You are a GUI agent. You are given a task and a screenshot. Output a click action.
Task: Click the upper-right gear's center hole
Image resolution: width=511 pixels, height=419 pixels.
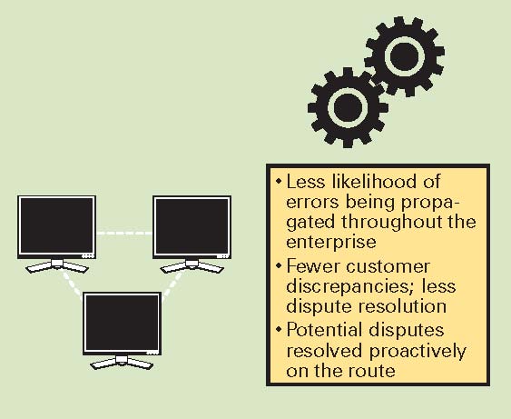[404, 56]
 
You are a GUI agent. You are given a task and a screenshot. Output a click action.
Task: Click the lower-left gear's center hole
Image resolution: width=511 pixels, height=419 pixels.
[348, 107]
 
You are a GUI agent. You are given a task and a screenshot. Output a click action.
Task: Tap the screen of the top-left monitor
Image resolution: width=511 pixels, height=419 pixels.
[56, 225]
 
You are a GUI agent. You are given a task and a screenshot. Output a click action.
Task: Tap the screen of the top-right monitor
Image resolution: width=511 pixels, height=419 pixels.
[192, 225]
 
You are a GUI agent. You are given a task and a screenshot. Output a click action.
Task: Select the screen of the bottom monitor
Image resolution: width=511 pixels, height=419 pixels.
[122, 322]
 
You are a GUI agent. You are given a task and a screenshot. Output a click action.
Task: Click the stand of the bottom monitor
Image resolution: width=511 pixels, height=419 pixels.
[122, 363]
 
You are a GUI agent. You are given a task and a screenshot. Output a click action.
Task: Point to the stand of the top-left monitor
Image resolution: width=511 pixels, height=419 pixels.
[56, 266]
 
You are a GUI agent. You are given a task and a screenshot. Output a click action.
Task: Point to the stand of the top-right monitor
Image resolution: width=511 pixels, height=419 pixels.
[192, 266]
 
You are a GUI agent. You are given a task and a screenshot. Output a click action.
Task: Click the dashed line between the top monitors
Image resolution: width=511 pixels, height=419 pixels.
[124, 233]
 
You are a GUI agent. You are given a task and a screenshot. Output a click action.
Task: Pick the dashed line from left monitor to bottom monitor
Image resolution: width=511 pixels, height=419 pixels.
[73, 284]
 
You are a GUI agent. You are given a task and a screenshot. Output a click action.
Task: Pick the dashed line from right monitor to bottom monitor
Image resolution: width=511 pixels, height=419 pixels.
[172, 284]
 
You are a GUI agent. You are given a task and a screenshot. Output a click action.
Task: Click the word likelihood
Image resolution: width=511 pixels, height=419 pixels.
[373, 181]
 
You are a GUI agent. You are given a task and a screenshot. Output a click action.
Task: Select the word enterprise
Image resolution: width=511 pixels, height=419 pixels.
[331, 243]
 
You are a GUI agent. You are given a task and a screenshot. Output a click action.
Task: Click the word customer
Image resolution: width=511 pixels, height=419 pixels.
[388, 266]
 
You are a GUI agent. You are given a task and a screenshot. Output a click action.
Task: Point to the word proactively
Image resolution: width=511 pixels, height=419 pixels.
[418, 352]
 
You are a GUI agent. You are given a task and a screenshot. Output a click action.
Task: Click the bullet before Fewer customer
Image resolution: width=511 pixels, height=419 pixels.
[279, 266]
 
